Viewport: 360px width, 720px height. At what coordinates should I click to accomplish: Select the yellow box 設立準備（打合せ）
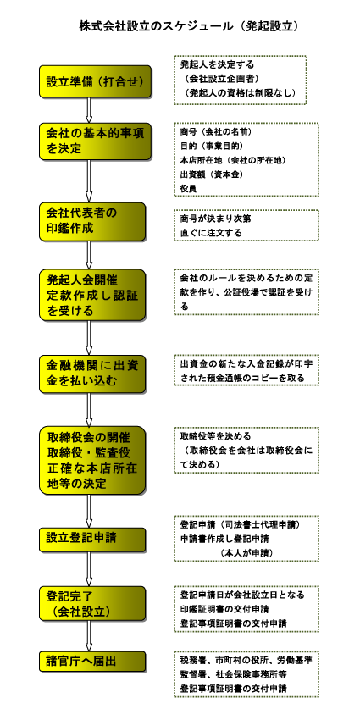pos(95,81)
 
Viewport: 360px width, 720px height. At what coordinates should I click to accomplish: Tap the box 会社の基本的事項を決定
pos(95,141)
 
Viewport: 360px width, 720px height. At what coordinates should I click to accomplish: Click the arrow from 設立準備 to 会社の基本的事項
pos(89,110)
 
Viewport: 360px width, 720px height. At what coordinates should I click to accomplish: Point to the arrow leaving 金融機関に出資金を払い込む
pos(89,410)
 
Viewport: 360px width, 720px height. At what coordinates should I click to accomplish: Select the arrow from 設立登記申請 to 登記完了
pos(89,569)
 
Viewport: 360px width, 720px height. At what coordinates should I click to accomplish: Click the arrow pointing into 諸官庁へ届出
pos(89,637)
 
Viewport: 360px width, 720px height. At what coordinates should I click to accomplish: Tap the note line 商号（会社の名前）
pos(216,132)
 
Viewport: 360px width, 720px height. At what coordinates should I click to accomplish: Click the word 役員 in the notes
pos(189,188)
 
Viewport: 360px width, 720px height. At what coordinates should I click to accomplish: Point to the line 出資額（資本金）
pos(212,174)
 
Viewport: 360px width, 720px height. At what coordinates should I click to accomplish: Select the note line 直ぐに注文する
pos(211,233)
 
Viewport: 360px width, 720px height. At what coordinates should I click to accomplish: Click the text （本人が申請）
pos(247,553)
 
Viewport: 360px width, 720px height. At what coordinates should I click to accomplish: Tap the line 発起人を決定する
pos(217,64)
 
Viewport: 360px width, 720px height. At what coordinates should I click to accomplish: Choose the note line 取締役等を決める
pos(215,435)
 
